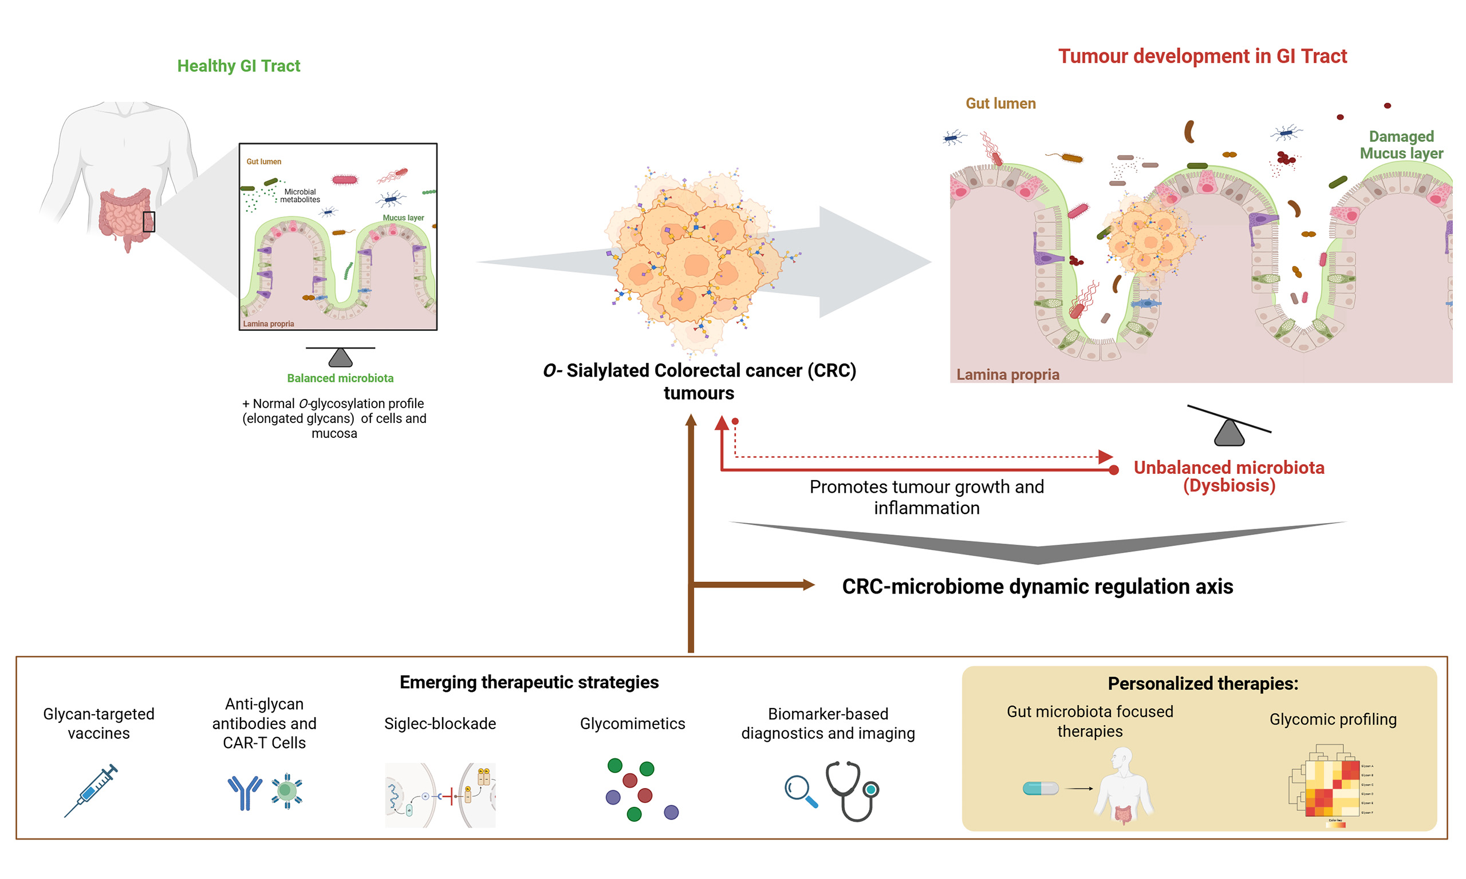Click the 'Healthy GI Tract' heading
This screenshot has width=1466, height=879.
(x=238, y=66)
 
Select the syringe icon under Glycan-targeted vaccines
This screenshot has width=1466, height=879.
(x=91, y=790)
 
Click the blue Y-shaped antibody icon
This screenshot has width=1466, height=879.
(x=244, y=792)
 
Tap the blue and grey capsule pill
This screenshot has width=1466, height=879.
(x=1040, y=789)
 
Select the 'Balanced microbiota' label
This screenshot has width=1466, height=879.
(x=340, y=378)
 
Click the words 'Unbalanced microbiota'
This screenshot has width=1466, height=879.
(x=1228, y=468)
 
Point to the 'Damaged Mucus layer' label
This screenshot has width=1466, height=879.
(x=1401, y=145)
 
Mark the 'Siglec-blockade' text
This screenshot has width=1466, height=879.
(x=440, y=723)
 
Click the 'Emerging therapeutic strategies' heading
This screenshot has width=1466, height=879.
(x=529, y=682)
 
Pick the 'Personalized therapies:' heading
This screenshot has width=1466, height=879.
(x=1203, y=683)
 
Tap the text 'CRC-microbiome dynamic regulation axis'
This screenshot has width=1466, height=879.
(x=1037, y=587)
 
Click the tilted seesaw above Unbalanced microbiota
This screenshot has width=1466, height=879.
(x=1229, y=425)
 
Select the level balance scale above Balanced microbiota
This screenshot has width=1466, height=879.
(x=340, y=356)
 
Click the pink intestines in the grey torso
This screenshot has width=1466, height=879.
(x=124, y=216)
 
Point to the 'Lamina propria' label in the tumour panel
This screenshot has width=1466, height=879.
(x=1007, y=374)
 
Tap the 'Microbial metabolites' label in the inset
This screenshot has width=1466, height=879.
(x=300, y=196)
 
